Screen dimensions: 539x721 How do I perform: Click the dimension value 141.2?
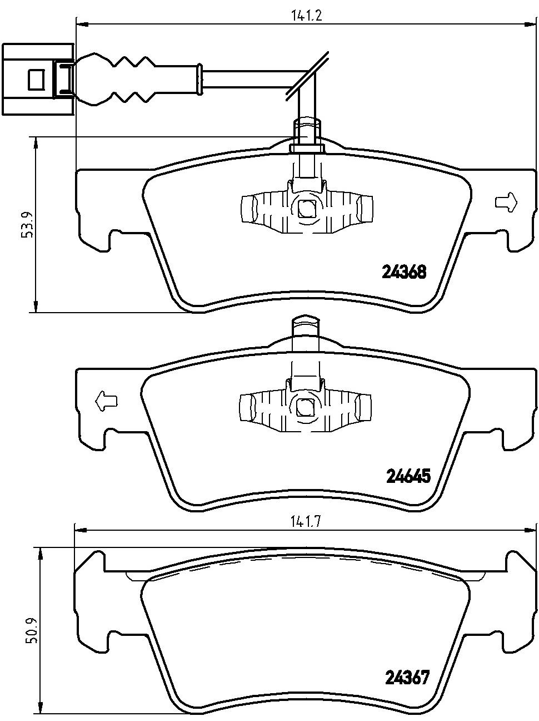(306, 16)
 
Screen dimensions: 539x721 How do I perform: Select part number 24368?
(404, 272)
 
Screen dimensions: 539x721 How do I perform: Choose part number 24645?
(408, 476)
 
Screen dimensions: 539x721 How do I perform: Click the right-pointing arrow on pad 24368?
(506, 202)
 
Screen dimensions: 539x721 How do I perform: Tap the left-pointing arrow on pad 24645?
(106, 401)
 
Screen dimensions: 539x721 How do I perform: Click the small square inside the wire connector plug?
(36, 80)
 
